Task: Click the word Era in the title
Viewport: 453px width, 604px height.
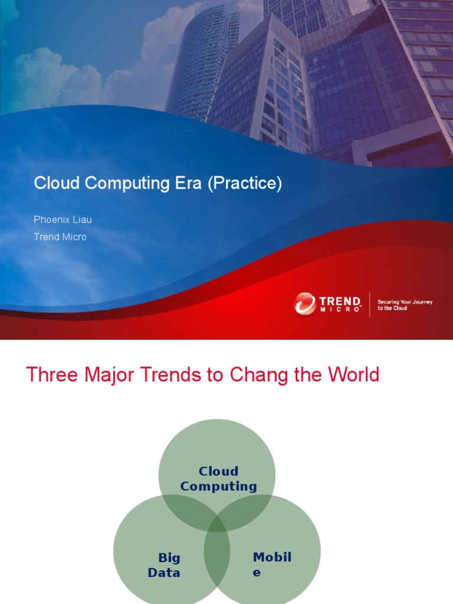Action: tap(189, 183)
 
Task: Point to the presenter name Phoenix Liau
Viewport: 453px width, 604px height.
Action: tap(63, 220)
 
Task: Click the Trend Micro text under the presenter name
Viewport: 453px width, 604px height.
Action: tap(60, 237)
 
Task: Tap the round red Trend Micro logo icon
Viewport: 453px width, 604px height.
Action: tap(304, 304)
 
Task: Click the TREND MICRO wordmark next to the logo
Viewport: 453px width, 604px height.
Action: tap(340, 304)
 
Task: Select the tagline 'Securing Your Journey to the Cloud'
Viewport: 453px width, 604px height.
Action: tap(405, 305)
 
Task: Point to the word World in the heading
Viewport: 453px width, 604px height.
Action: tap(350, 375)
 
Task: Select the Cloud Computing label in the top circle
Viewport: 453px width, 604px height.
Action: tap(218, 479)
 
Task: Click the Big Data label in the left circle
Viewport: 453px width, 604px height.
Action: tap(165, 565)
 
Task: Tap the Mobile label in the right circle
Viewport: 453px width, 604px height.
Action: tap(271, 564)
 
